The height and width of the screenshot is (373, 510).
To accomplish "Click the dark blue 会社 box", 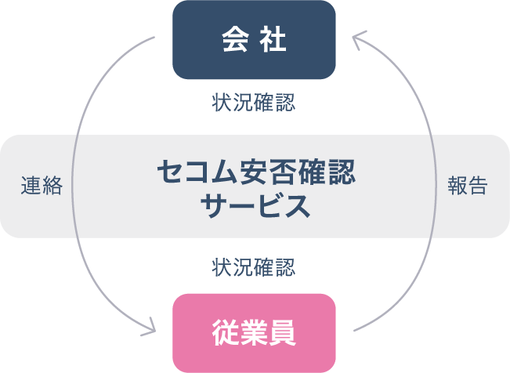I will click(x=254, y=40).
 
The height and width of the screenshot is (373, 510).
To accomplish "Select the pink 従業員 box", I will click(x=254, y=333).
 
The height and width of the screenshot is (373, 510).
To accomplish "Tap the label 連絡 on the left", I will click(x=42, y=186).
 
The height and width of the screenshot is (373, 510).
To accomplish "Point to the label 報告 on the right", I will click(x=468, y=186).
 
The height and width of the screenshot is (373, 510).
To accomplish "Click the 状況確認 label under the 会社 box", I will click(x=254, y=103).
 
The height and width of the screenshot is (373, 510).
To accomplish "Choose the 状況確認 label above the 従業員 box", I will click(x=254, y=267).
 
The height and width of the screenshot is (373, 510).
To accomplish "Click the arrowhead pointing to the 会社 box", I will click(x=357, y=39).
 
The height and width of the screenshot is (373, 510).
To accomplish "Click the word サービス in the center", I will click(x=254, y=206).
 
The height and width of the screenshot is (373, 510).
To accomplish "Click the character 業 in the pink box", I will click(x=254, y=333).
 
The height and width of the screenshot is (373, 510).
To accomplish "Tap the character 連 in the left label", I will click(x=31, y=186).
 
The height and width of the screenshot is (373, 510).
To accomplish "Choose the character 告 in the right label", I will click(x=478, y=186).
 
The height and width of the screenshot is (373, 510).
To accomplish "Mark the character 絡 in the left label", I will click(x=52, y=186).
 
